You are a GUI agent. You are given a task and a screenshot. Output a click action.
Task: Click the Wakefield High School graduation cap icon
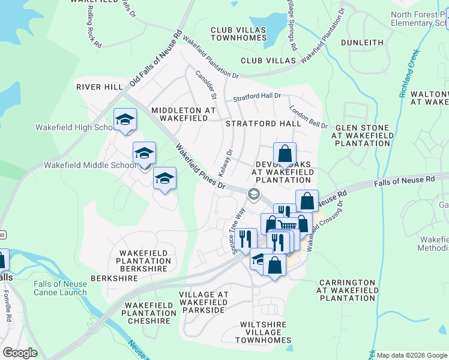(x=125, y=119)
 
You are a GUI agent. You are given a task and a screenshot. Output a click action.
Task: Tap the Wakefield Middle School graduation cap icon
(x=144, y=154)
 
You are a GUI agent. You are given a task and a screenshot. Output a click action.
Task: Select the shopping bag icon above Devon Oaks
(x=285, y=153)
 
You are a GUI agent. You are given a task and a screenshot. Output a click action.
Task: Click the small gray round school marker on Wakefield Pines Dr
(x=254, y=193)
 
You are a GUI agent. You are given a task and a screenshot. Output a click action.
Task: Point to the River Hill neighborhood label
(x=100, y=87)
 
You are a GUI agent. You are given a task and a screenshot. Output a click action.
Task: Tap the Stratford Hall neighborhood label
(x=263, y=124)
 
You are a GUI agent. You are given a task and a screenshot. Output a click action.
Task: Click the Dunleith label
(x=362, y=43)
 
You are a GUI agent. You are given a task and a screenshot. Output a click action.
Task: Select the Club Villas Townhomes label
(x=238, y=34)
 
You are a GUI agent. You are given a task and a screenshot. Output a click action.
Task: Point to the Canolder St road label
(x=206, y=84)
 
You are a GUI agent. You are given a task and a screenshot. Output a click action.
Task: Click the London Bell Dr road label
(x=309, y=117)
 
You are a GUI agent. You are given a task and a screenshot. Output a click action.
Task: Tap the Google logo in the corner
(x=20, y=353)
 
